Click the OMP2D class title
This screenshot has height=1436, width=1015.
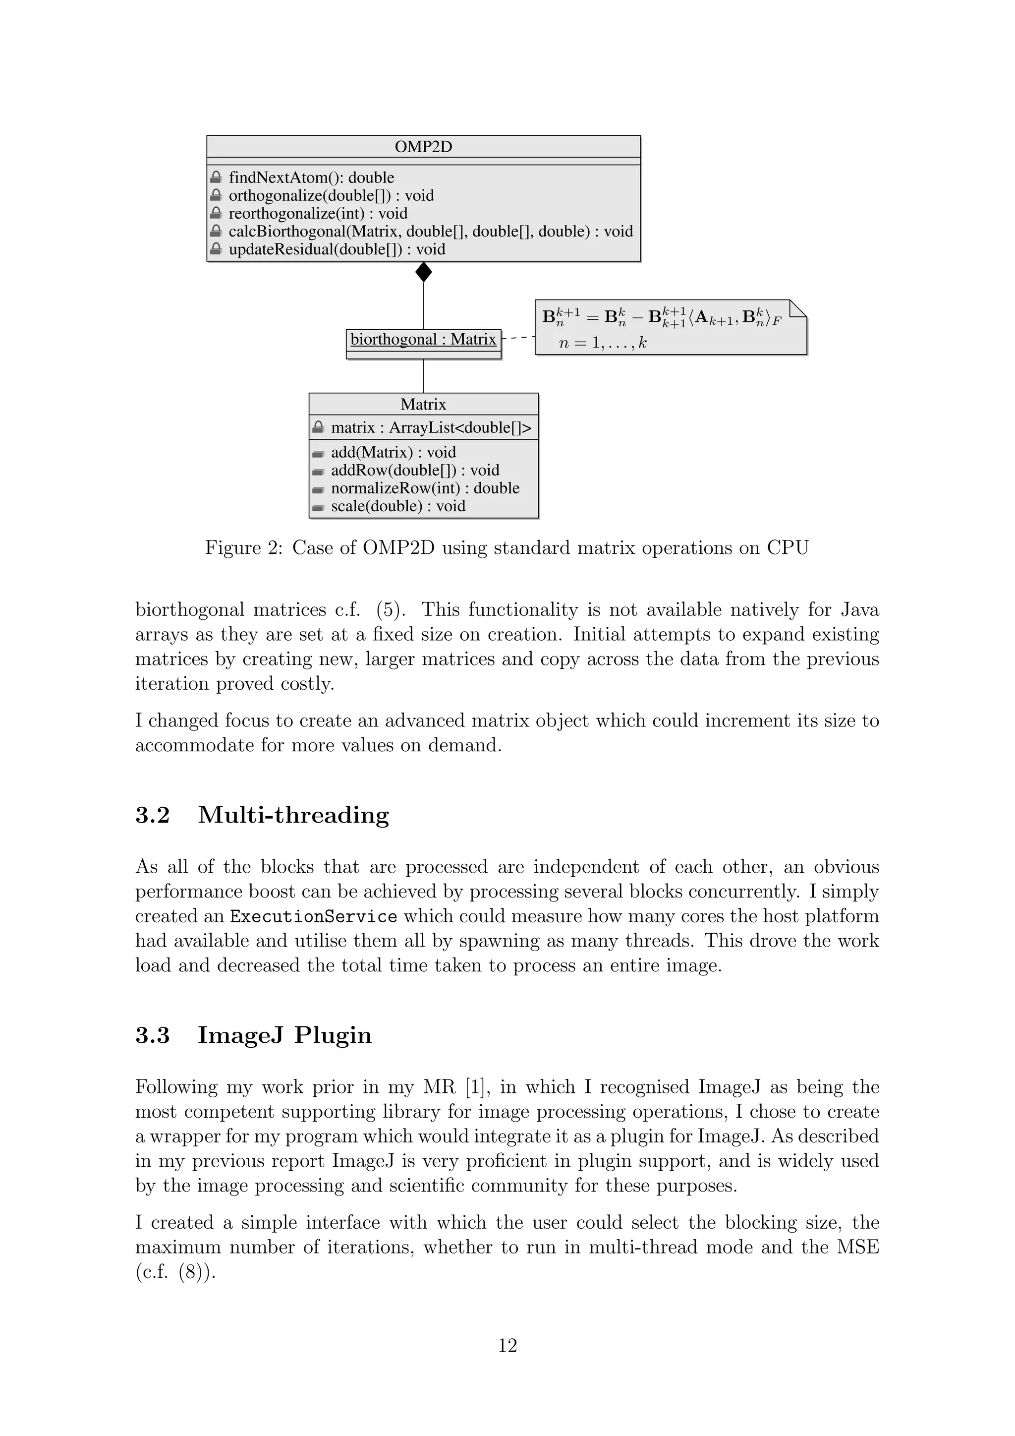pyautogui.click(x=423, y=147)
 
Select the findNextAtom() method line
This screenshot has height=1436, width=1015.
pyautogui.click(x=311, y=178)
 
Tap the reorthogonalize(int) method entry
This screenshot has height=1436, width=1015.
pyautogui.click(x=318, y=213)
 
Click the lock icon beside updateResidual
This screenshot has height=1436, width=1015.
pyautogui.click(x=216, y=249)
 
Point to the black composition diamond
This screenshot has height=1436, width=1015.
pyautogui.click(x=424, y=272)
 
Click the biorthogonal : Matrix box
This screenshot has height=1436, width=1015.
pyautogui.click(x=423, y=340)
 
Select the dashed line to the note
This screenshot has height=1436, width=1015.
pyautogui.click(x=518, y=338)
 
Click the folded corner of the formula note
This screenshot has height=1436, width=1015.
pyautogui.click(x=798, y=308)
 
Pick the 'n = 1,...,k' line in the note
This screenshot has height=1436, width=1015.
pyautogui.click(x=603, y=343)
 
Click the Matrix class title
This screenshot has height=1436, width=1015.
pyautogui.click(x=423, y=405)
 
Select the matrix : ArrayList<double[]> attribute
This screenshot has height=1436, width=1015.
pyautogui.click(x=431, y=428)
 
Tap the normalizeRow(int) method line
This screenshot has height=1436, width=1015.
pyautogui.click(x=425, y=488)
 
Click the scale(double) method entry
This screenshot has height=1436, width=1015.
pyautogui.click(x=398, y=506)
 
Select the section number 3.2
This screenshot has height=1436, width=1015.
pyautogui.click(x=153, y=816)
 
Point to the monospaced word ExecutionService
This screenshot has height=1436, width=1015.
pyautogui.click(x=314, y=917)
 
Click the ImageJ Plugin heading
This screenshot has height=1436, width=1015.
pyautogui.click(x=284, y=1035)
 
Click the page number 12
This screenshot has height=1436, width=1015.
pyautogui.click(x=507, y=1345)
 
